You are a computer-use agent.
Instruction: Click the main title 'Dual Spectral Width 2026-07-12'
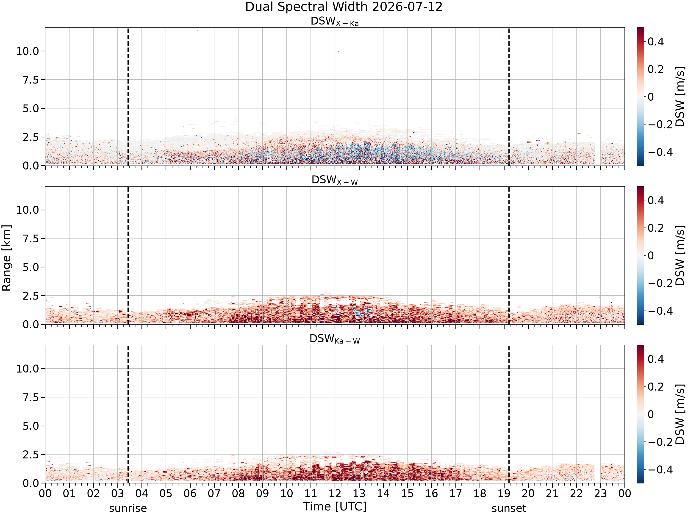point(344,7)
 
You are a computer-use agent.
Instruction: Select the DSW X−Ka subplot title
point(335,22)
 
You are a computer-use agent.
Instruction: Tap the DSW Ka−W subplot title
point(335,339)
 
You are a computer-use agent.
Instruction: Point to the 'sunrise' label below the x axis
point(128,508)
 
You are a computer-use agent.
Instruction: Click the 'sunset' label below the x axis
point(509,508)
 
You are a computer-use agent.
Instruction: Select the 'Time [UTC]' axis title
point(335,507)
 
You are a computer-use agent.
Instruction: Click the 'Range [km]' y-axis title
point(6,258)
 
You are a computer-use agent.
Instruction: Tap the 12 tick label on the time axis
point(335,494)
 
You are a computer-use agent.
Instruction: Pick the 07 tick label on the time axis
point(214,494)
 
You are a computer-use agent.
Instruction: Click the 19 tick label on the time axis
point(504,494)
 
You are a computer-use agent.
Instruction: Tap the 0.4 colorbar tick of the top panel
point(656,42)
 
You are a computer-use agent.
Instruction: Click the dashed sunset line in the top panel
point(509,96)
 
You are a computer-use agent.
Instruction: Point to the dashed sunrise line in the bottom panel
point(128,414)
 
